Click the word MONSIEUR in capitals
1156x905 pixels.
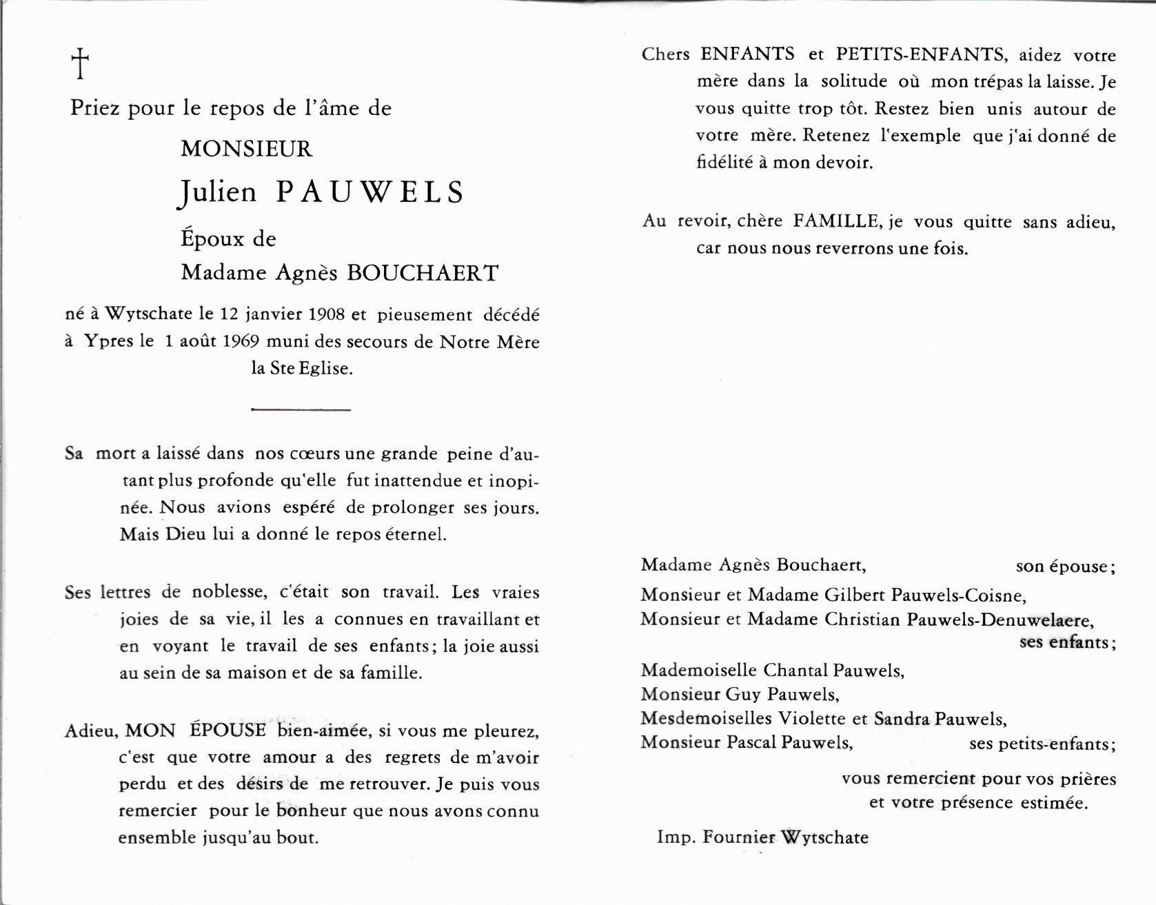[x=246, y=149]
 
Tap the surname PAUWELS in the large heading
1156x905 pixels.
[x=370, y=192]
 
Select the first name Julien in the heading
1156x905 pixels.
[x=218, y=192]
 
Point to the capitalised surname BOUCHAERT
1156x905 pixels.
[x=422, y=273]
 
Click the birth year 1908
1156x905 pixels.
[x=327, y=314]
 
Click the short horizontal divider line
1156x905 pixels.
[x=301, y=410]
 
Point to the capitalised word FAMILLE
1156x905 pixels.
[x=835, y=221]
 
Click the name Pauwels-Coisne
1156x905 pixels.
[x=958, y=594]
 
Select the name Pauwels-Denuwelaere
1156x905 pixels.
[x=999, y=619]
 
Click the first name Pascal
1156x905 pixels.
[x=754, y=742]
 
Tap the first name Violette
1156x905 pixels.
[x=813, y=718]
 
